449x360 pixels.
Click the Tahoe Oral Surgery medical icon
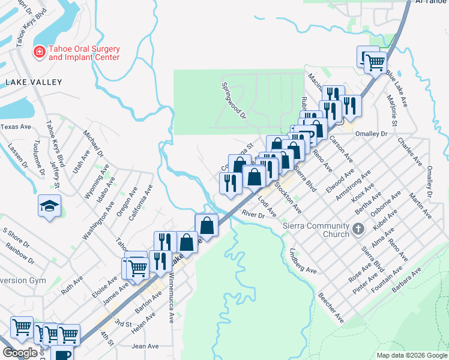pos(40,52)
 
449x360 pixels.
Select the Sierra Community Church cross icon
pos(358,229)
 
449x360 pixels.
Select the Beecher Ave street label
pos(331,307)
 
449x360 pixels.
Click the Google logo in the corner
pos(20,353)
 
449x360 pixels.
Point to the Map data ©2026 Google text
pos(411,355)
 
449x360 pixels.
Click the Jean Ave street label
pos(145,346)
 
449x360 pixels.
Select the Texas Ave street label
pos(16,127)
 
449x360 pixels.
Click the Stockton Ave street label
pos(288,197)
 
